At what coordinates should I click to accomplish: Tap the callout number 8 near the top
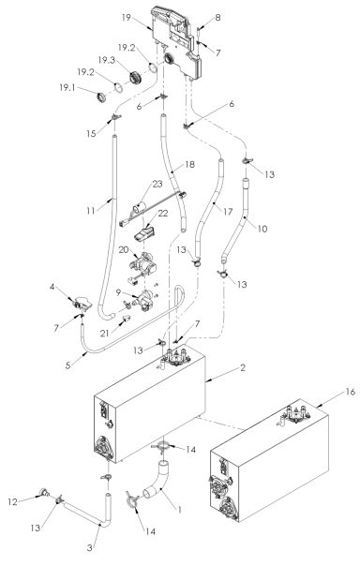pos(218,18)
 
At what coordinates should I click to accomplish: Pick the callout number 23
pos(157,186)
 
